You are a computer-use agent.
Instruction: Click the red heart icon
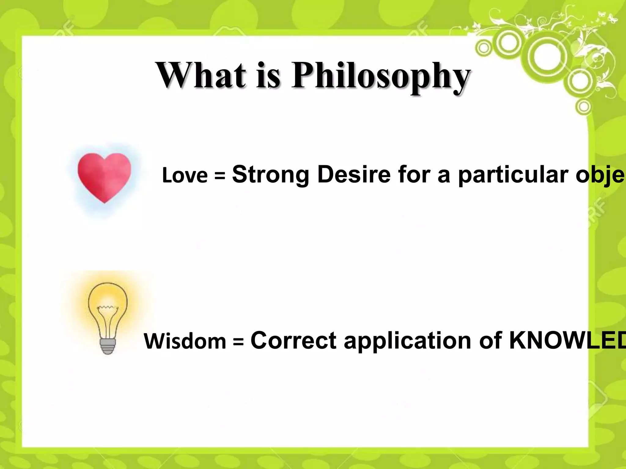click(104, 176)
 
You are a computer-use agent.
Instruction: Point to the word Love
click(185, 176)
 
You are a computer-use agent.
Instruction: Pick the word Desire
click(354, 174)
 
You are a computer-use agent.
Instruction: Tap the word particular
click(513, 176)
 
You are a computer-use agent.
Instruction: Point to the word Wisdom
click(185, 341)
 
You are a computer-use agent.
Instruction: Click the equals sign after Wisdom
click(238, 342)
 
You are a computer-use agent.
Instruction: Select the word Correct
click(293, 340)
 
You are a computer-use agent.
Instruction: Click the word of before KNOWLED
click(490, 340)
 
